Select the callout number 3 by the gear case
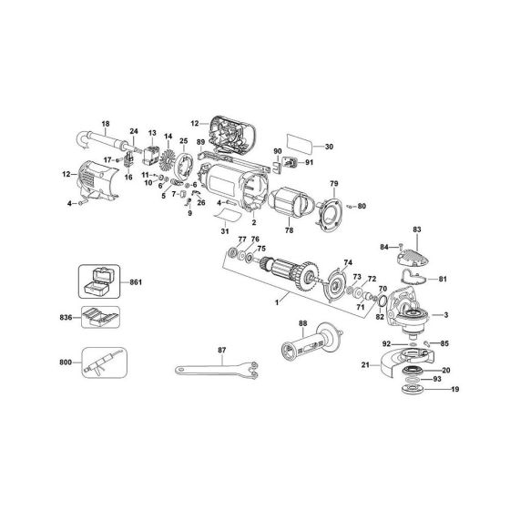click(x=447, y=314)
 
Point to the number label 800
click(x=64, y=362)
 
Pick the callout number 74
click(x=348, y=262)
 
